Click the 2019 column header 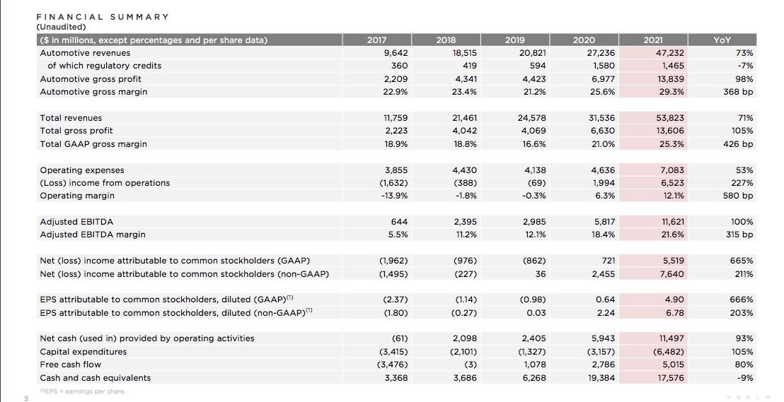click(514, 40)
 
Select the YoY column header click(722, 40)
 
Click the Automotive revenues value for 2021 click(670, 53)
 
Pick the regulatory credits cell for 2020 click(604, 66)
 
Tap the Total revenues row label click(71, 118)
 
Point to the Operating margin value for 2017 click(395, 196)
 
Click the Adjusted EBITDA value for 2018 click(465, 222)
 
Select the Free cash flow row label click(71, 365)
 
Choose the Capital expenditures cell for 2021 click(669, 352)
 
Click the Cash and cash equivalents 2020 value click(601, 378)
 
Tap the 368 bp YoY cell click(738, 92)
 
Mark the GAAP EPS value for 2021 click(674, 300)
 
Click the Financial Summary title click(103, 17)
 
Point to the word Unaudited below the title click(61, 27)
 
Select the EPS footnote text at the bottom click(83, 391)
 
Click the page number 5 click(26, 398)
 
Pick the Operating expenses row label click(82, 170)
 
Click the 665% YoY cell click(742, 261)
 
